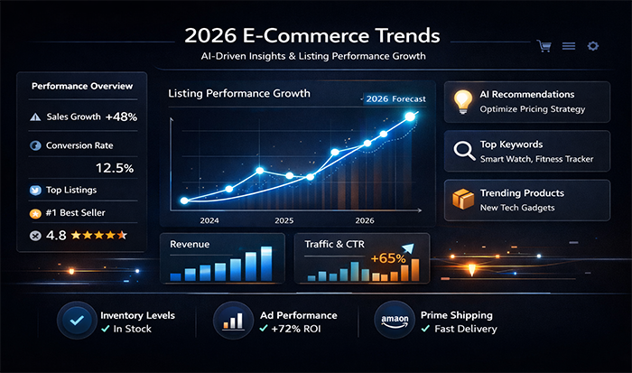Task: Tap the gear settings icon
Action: pos(593,45)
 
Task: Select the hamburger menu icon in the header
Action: pos(569,45)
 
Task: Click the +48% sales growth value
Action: pos(121,117)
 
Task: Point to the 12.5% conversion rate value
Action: pos(115,168)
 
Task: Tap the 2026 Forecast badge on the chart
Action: pos(395,99)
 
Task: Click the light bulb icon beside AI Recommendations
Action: pos(464,100)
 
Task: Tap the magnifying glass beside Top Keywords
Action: pos(464,151)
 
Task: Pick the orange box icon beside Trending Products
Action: pos(464,200)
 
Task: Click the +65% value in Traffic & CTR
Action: pos(388,259)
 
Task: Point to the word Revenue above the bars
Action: pos(191,244)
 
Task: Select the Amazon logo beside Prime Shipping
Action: pos(394,321)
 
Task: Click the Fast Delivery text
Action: pos(465,329)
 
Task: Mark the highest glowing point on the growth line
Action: pos(411,116)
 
